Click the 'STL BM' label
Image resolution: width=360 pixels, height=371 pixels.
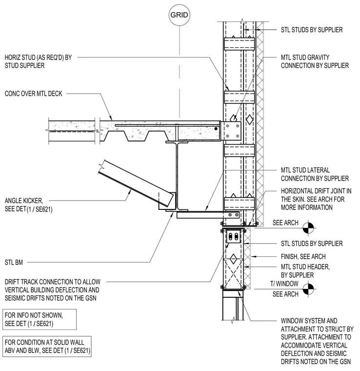pyautogui.click(x=14, y=263)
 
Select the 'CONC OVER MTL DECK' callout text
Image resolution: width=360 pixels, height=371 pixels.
pyautogui.click(x=33, y=94)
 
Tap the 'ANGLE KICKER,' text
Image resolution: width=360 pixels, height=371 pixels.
pyautogui.click(x=24, y=201)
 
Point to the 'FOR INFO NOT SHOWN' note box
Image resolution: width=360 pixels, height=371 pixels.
pyautogui.click(x=40, y=319)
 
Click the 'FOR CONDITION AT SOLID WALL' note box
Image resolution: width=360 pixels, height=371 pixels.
pyautogui.click(x=47, y=347)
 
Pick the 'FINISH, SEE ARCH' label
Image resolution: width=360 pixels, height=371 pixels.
pyautogui.click(x=303, y=256)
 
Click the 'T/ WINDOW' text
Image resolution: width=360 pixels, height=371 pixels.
pyautogui.click(x=284, y=284)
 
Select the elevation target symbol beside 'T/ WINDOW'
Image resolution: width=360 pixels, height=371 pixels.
pyautogui.click(x=308, y=289)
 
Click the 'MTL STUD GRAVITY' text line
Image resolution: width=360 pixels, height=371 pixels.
pyautogui.click(x=305, y=58)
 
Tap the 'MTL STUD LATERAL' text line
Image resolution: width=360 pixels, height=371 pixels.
pyautogui.click(x=305, y=170)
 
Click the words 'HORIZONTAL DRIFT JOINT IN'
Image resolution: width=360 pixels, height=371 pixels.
pyautogui.click(x=316, y=191)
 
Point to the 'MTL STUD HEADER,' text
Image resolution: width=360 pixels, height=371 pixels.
pyautogui.click(x=305, y=267)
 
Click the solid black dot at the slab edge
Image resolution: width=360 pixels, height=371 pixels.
pyautogui.click(x=216, y=129)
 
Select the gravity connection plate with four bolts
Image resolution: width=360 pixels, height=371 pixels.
pyautogui.click(x=232, y=131)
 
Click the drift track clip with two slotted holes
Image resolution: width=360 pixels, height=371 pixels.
pyautogui.click(x=233, y=236)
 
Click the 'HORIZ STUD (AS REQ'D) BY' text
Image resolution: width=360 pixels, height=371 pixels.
pyautogui.click(x=38, y=58)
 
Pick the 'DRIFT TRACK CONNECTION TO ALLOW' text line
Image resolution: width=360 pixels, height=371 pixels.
pyautogui.click(x=53, y=282)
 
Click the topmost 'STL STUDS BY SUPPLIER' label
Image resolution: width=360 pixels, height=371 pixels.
pyautogui.click(x=312, y=30)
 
